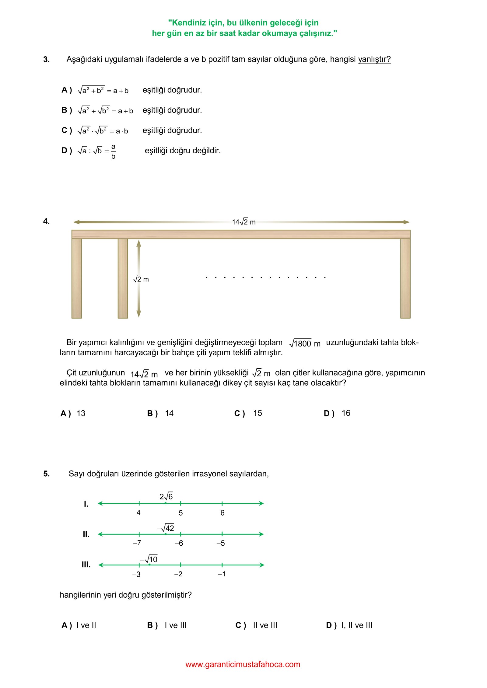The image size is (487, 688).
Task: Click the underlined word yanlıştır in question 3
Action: pyautogui.click(x=374, y=59)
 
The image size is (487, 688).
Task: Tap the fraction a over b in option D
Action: pyautogui.click(x=113, y=151)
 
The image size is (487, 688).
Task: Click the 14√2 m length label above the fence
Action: pyautogui.click(x=244, y=222)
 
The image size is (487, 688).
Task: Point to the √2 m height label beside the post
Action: pyautogui.click(x=141, y=279)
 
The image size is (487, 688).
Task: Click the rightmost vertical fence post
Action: pyautogui.click(x=405, y=278)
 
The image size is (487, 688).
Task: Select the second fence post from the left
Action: pyautogui.click(x=123, y=278)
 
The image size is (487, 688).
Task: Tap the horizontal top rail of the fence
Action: pyautogui.click(x=241, y=234)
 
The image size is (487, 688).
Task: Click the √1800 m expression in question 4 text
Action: pyautogui.click(x=305, y=343)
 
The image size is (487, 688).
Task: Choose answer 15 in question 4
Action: pyautogui.click(x=258, y=413)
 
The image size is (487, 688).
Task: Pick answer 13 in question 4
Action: pyautogui.click(x=81, y=413)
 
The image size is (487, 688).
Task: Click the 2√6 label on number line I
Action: pyautogui.click(x=166, y=496)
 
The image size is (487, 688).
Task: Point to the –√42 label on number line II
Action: pyautogui.click(x=166, y=528)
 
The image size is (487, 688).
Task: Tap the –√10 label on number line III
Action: pyautogui.click(x=149, y=559)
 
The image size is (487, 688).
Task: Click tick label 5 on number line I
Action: pyautogui.click(x=181, y=513)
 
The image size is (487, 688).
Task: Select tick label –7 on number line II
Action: pyautogui.click(x=137, y=543)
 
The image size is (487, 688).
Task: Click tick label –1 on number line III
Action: pyautogui.click(x=222, y=574)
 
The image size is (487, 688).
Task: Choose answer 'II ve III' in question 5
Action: pyautogui.click(x=265, y=625)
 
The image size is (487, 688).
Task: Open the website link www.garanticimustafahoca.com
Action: pyautogui.click(x=243, y=665)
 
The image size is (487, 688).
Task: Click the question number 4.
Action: pyautogui.click(x=46, y=221)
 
